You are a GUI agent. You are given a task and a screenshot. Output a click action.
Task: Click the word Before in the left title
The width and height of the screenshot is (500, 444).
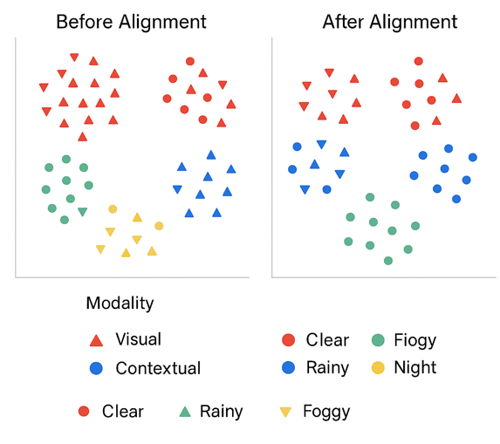(x=84, y=22)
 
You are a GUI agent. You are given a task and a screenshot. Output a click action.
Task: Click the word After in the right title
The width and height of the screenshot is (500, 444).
(x=343, y=22)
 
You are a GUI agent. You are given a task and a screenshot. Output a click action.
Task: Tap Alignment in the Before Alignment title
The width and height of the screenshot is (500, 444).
(x=162, y=23)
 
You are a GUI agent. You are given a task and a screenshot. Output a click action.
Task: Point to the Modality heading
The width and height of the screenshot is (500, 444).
(x=120, y=303)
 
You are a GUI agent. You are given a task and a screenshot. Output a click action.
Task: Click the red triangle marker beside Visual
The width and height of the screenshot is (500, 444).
(x=96, y=340)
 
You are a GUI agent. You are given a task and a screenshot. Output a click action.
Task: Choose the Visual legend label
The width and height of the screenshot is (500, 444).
(x=138, y=339)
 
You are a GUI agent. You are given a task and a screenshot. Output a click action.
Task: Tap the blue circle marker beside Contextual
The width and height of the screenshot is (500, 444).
(x=96, y=368)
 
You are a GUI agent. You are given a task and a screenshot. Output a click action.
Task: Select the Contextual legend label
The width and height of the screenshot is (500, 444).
(x=158, y=368)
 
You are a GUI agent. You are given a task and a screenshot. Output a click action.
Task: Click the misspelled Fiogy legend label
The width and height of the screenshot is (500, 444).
(x=414, y=340)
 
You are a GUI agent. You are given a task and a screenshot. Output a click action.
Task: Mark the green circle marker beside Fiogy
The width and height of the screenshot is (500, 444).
(x=378, y=340)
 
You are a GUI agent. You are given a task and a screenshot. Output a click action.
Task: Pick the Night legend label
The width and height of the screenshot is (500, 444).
(x=414, y=368)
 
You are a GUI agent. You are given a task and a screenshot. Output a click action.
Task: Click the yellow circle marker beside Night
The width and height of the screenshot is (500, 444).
(x=378, y=368)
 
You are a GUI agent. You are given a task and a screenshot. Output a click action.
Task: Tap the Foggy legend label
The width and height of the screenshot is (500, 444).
(x=326, y=412)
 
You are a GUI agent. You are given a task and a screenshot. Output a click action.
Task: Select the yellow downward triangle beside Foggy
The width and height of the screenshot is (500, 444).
(x=285, y=412)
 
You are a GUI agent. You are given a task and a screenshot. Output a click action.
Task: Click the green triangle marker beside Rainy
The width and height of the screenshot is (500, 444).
(x=185, y=412)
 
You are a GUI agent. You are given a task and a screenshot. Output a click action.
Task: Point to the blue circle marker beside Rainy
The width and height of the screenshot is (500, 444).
(x=289, y=367)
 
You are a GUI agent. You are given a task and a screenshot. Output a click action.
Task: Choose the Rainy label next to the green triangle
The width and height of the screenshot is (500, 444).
(x=222, y=412)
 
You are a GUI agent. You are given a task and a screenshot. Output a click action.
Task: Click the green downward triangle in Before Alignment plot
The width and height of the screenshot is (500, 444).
(x=83, y=212)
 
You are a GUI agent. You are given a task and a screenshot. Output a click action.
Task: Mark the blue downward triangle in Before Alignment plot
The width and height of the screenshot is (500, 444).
(x=177, y=189)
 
